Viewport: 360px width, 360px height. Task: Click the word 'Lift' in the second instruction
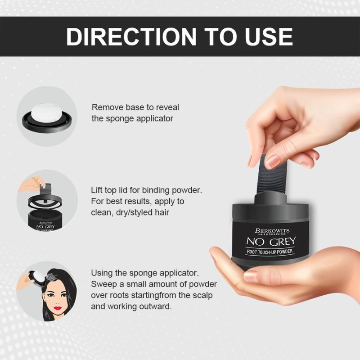[98, 189]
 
